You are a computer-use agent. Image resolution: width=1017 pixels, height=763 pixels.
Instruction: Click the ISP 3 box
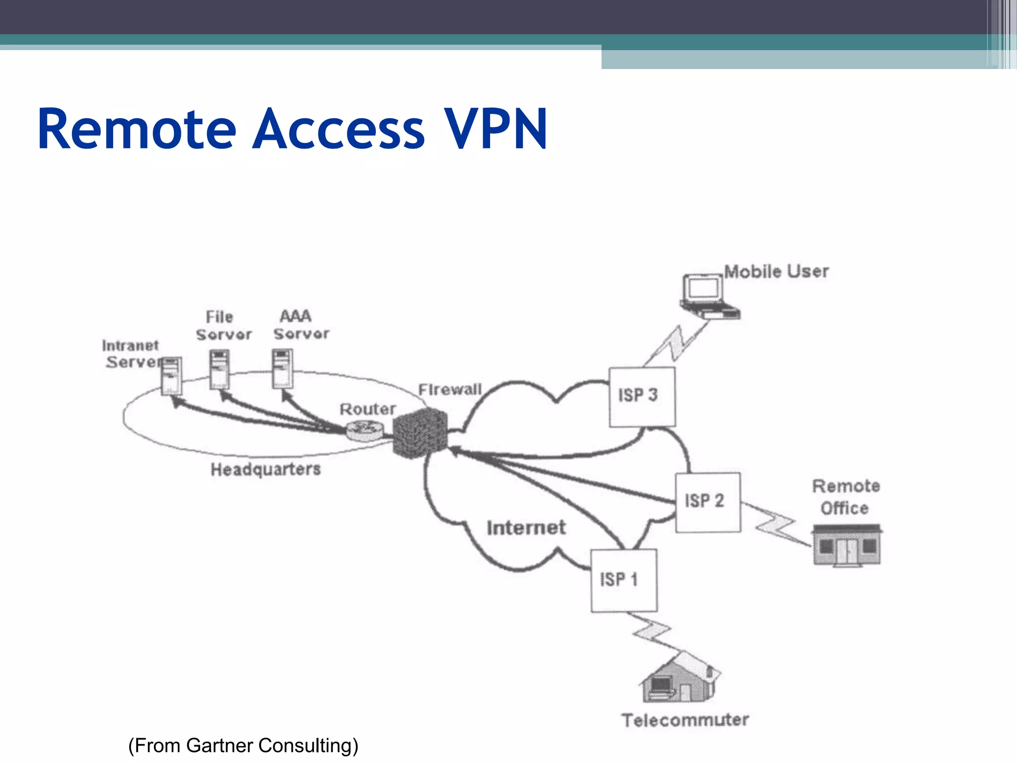point(642,396)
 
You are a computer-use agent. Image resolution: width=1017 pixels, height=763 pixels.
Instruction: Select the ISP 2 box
point(708,502)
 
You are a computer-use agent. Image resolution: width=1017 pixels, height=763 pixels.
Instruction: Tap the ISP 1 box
point(624,580)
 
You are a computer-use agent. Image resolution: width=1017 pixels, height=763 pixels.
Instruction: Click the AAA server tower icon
point(282,369)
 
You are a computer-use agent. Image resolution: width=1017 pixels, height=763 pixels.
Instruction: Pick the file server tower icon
point(219,370)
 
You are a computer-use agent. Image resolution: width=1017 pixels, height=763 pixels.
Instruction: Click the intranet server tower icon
point(171,376)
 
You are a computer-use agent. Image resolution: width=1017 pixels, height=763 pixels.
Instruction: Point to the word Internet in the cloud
point(526,528)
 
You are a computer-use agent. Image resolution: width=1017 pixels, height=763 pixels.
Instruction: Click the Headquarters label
point(266,469)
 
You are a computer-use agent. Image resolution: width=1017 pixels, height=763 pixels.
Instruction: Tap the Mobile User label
point(776,272)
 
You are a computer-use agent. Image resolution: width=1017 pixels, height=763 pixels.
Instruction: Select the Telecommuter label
point(685,720)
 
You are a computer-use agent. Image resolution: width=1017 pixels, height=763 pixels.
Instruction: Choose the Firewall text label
point(450,389)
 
